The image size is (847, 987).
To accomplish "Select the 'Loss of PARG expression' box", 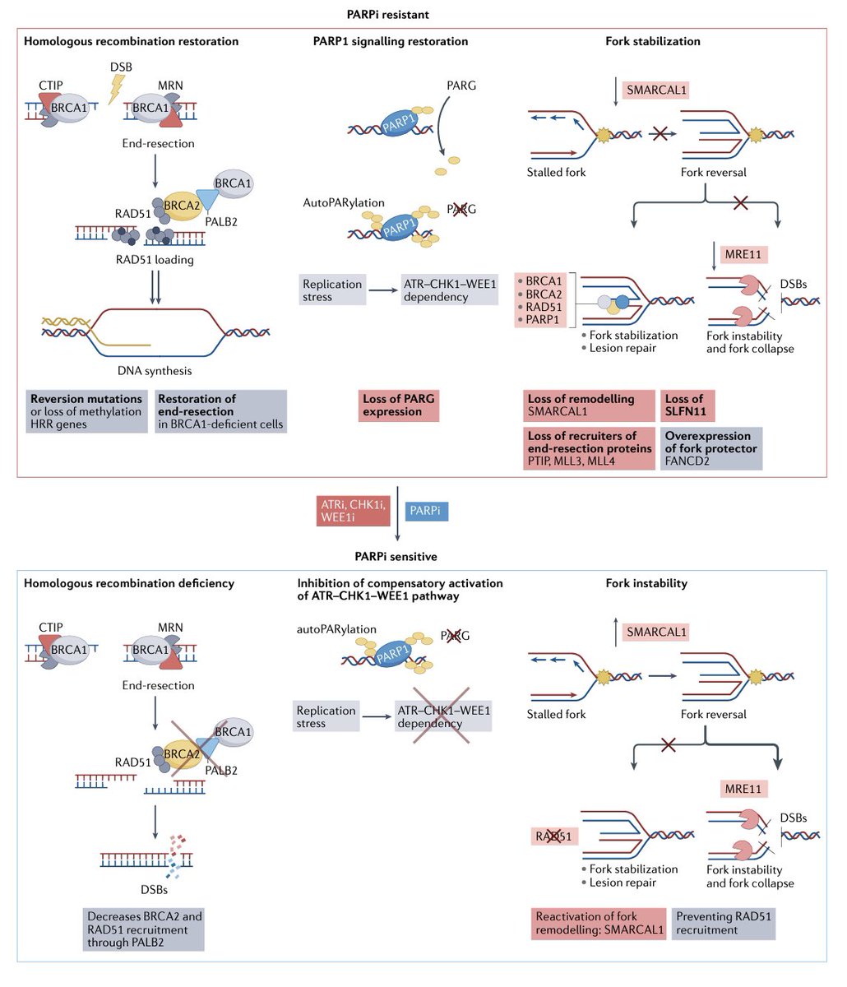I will click(x=399, y=405).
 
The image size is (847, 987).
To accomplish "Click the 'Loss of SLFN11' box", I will click(x=686, y=405).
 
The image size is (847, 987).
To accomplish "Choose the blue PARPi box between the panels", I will click(x=428, y=512).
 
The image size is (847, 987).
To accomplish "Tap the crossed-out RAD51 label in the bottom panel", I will click(x=553, y=836).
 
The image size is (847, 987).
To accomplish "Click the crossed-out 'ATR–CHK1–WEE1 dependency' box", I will click(x=444, y=717).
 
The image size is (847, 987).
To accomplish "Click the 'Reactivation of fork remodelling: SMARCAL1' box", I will click(x=599, y=923).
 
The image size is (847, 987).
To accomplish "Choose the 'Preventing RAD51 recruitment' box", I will click(x=724, y=923).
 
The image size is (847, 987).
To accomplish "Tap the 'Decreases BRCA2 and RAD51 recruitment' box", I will click(x=144, y=929).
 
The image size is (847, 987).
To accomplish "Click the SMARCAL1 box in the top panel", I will click(x=657, y=90).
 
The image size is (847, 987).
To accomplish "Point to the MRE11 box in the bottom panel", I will click(x=744, y=789).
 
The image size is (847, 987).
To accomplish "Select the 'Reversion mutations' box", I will click(x=86, y=411).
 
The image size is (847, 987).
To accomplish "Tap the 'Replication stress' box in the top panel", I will click(x=332, y=290).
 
